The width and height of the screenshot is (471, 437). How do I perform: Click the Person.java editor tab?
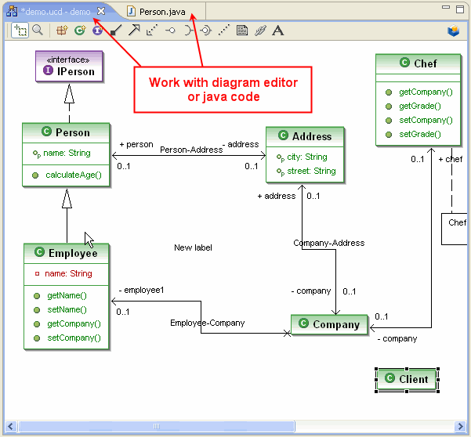pos(156,12)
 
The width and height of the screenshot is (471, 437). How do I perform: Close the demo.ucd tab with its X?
pos(101,12)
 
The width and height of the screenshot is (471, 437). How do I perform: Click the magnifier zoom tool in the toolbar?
pos(38,30)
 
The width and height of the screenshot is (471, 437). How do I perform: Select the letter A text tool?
pos(278,31)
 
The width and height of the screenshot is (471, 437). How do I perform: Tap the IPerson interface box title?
pos(70,67)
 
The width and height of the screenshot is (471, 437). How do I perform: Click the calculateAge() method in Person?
pos(74,175)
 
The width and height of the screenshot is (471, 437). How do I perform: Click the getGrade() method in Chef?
pos(420,106)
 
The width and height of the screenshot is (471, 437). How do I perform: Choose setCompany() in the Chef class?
pos(426,120)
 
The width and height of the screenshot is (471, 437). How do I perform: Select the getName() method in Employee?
pos(67,295)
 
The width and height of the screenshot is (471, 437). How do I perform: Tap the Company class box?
pos(329,324)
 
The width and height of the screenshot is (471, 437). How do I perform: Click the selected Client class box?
pos(407,379)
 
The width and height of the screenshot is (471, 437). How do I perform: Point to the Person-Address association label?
pos(191,150)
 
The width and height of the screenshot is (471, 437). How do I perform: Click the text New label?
pos(193,247)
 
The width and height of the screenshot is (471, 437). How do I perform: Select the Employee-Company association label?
pos(207,323)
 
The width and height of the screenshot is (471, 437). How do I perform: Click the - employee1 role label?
pos(141,290)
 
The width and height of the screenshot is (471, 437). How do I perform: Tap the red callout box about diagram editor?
pos(223,90)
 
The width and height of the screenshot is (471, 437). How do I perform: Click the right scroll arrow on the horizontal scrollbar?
pos(460,426)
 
